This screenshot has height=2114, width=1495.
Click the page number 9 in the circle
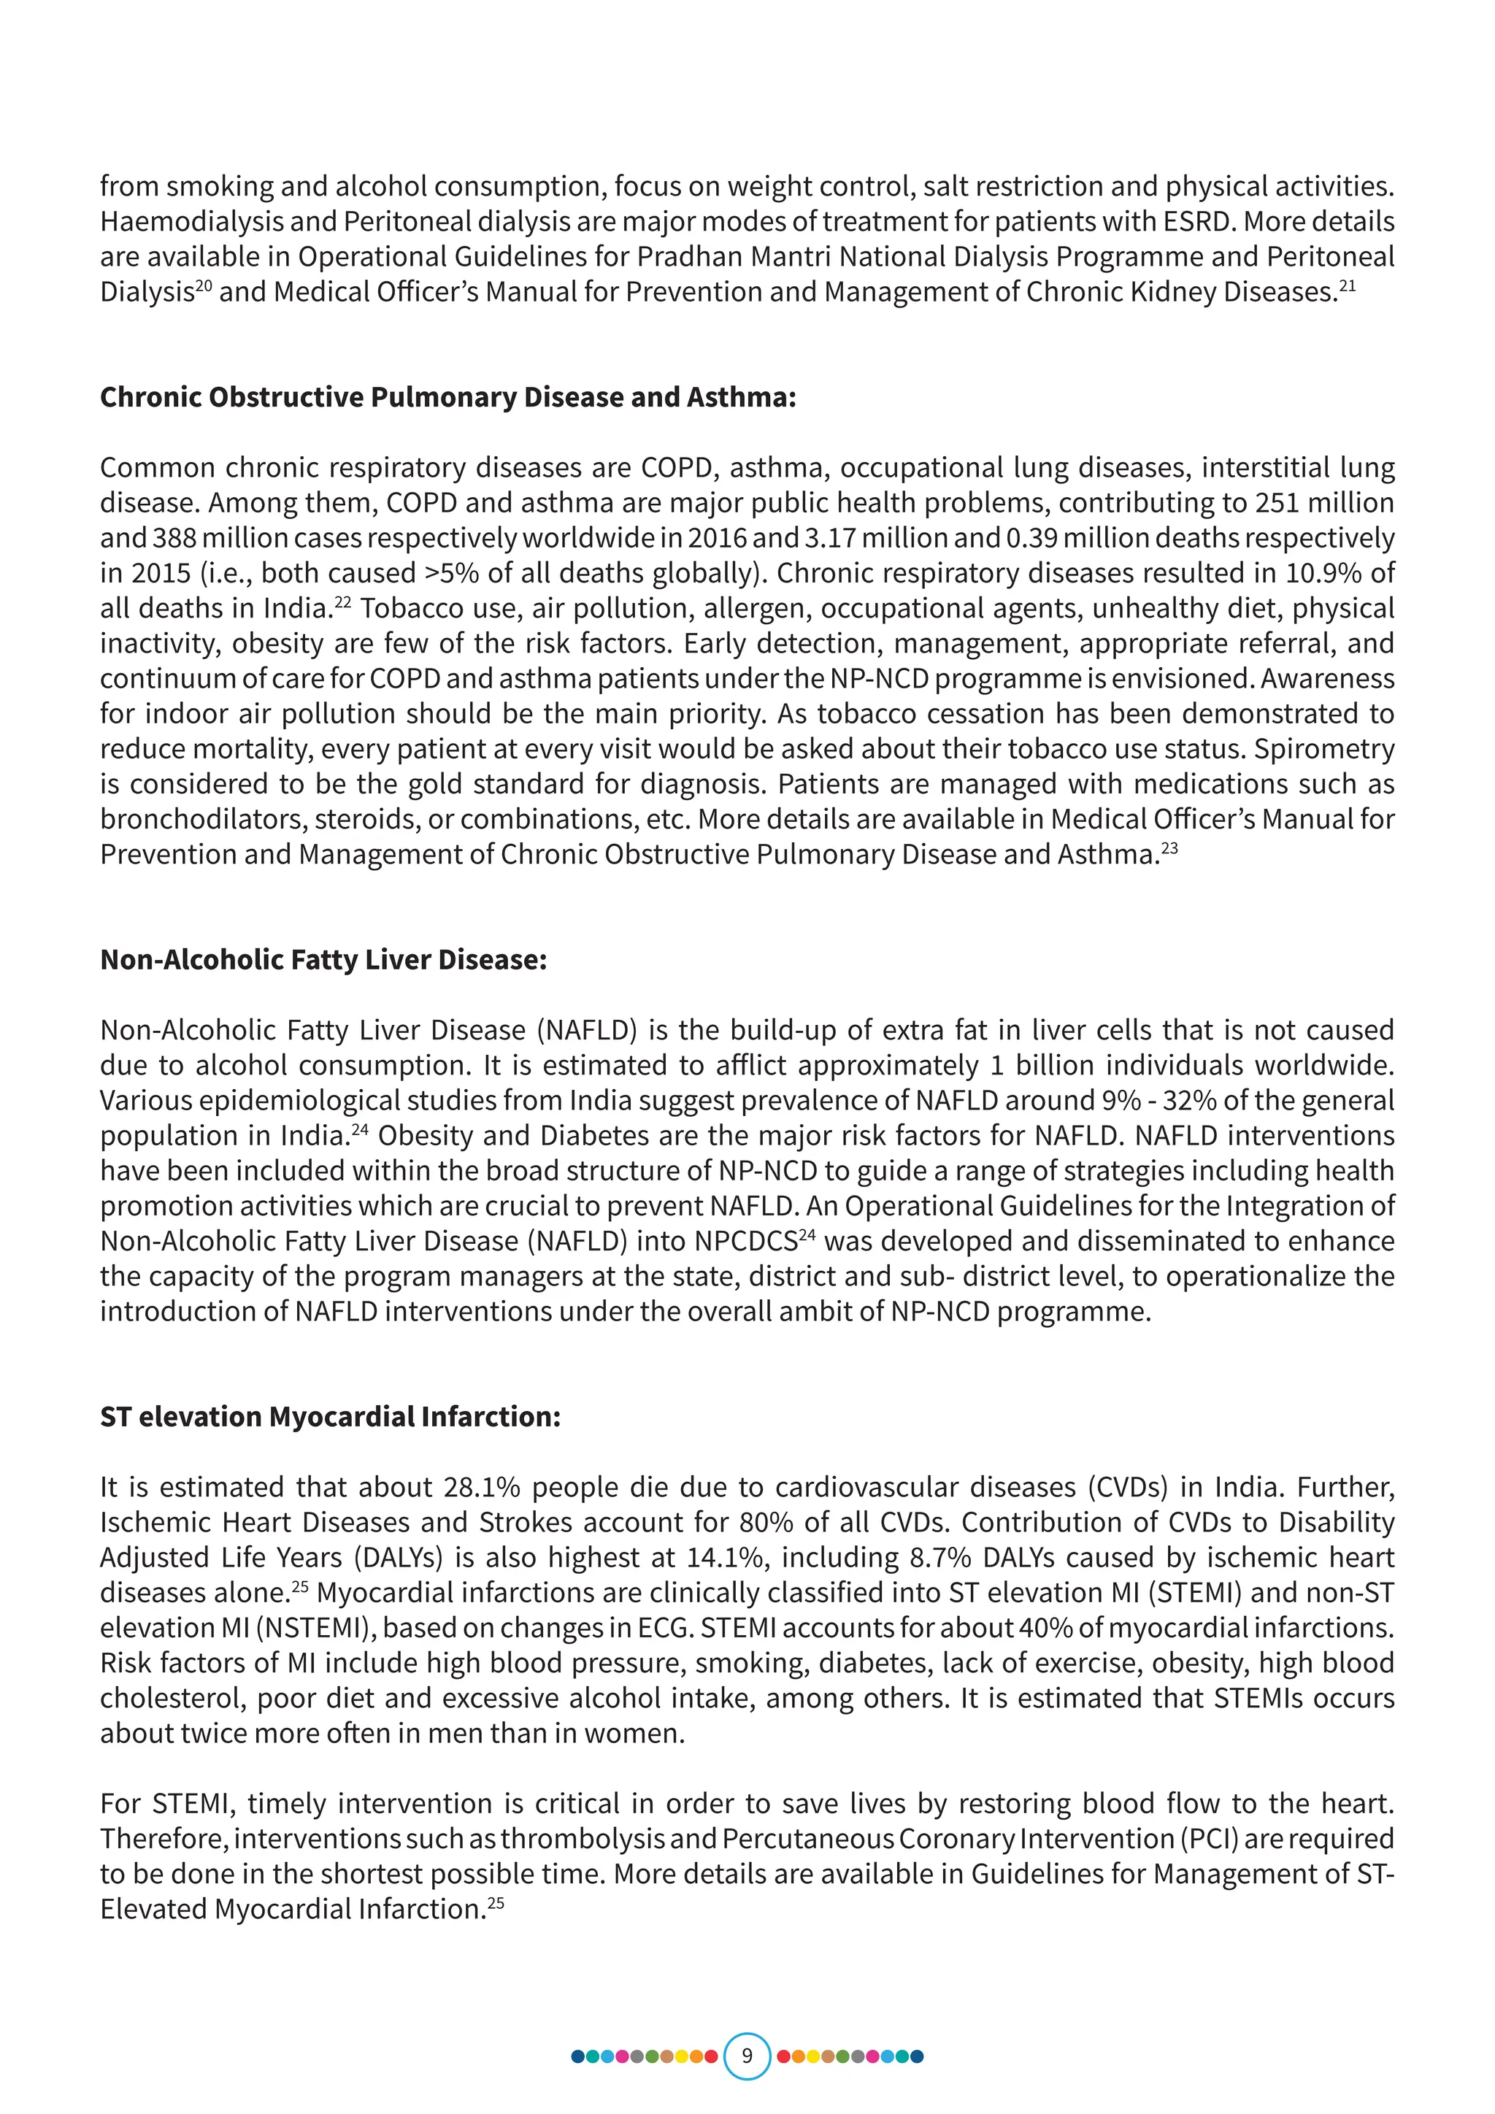[x=747, y=2055]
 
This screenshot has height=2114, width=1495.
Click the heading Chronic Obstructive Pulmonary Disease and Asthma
[x=447, y=397]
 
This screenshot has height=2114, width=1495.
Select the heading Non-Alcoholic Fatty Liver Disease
[x=323, y=959]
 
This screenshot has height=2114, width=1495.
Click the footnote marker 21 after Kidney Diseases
[x=1347, y=286]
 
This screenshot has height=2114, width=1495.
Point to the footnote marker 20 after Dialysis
[x=204, y=286]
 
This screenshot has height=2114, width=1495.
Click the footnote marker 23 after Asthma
[x=1169, y=849]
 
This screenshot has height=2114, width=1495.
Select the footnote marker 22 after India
[x=342, y=602]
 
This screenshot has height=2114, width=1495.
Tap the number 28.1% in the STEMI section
[x=482, y=1487]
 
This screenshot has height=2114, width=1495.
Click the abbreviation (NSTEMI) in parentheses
[x=314, y=1628]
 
